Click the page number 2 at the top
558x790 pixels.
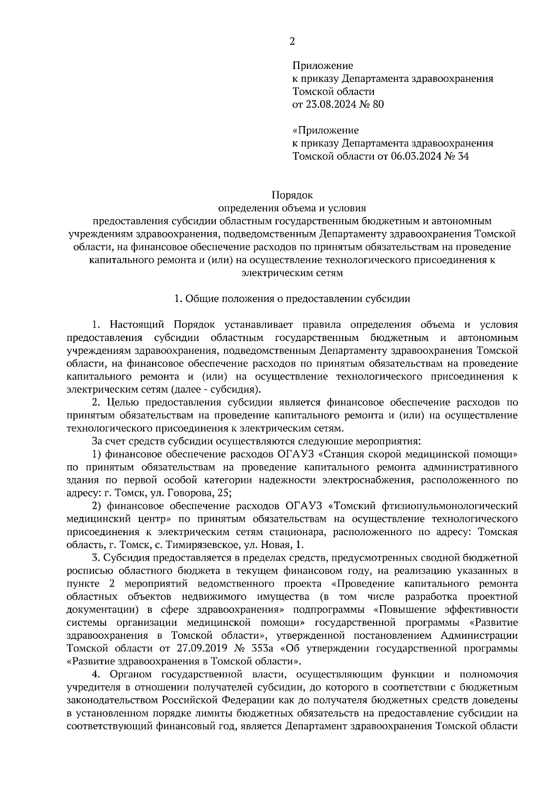(x=292, y=41)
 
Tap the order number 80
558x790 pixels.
(x=378, y=105)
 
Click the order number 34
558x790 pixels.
(x=463, y=156)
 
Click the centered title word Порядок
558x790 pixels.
(x=292, y=194)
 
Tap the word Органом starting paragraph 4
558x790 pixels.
(x=132, y=674)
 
